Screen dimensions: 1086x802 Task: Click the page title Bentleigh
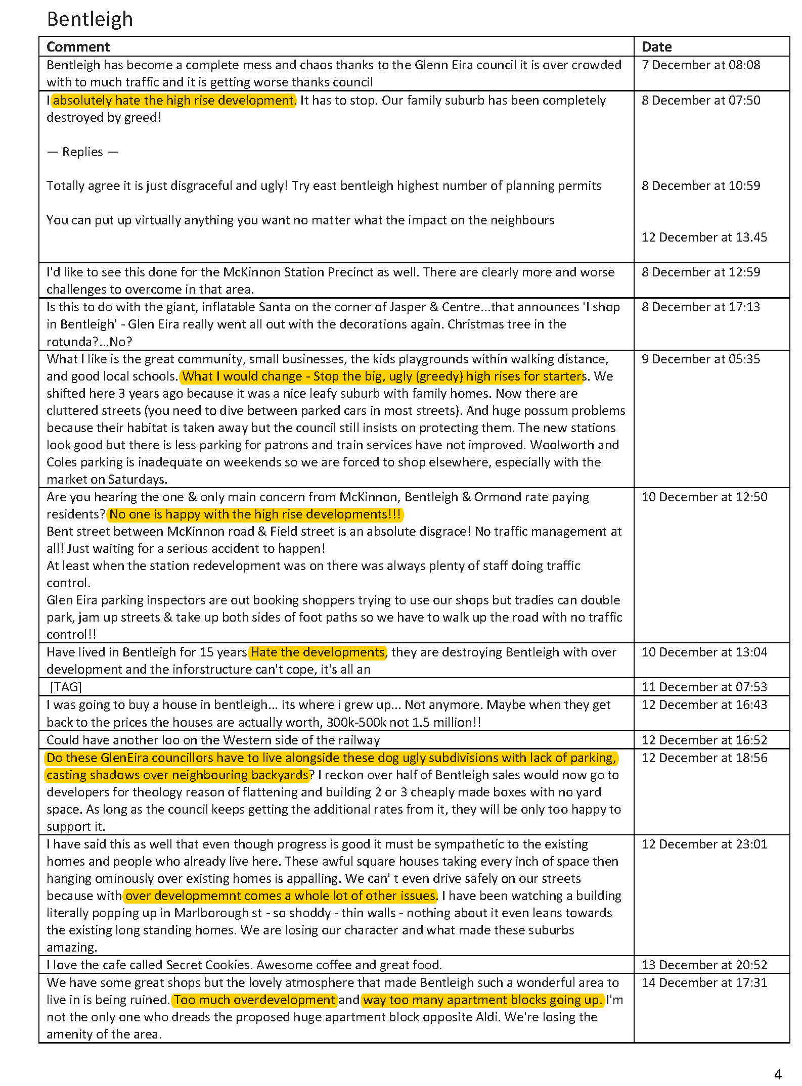tap(90, 19)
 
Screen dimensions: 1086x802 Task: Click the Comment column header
tap(78, 47)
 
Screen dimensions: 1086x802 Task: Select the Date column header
tap(656, 47)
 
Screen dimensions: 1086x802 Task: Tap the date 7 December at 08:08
tap(700, 65)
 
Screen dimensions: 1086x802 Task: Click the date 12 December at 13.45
tap(704, 238)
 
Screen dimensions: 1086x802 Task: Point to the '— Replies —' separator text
tap(82, 152)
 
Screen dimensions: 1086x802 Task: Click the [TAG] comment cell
tap(66, 687)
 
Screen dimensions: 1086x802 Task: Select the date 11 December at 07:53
tap(704, 687)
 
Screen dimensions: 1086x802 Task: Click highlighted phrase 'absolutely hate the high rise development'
tap(173, 101)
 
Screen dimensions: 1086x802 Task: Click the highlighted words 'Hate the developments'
tap(318, 652)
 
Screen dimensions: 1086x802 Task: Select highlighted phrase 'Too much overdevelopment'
tap(254, 1000)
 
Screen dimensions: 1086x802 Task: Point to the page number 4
tap(778, 1074)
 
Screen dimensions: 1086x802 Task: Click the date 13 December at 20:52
tap(704, 965)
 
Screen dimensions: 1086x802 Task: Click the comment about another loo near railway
tap(213, 740)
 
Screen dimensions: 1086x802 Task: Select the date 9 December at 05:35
tap(700, 359)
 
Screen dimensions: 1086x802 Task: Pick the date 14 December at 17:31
tap(704, 983)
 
